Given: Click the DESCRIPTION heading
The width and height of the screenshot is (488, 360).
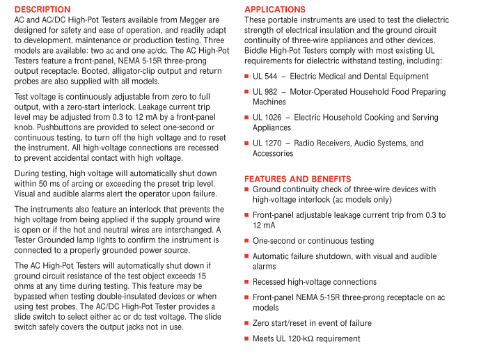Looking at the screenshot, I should coord(42,9).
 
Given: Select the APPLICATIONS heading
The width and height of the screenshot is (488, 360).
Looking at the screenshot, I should coord(275,9).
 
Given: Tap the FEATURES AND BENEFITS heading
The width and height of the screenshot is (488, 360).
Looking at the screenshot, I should coord(297,179).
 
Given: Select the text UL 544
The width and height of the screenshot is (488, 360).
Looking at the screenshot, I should coord(265,77).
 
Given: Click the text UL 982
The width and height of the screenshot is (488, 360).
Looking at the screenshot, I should coord(265,92).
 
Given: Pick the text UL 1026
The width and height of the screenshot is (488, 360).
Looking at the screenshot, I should coord(267,118).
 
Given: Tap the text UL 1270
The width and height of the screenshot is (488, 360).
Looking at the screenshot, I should coord(267,143).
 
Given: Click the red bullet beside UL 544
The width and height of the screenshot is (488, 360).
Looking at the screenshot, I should coord(246,77).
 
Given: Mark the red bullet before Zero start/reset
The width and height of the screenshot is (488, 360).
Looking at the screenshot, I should coord(246,323).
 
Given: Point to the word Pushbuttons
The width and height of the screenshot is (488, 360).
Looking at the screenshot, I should coord(61,127).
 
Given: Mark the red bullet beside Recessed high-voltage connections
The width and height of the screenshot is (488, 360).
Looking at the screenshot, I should coord(246,282).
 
